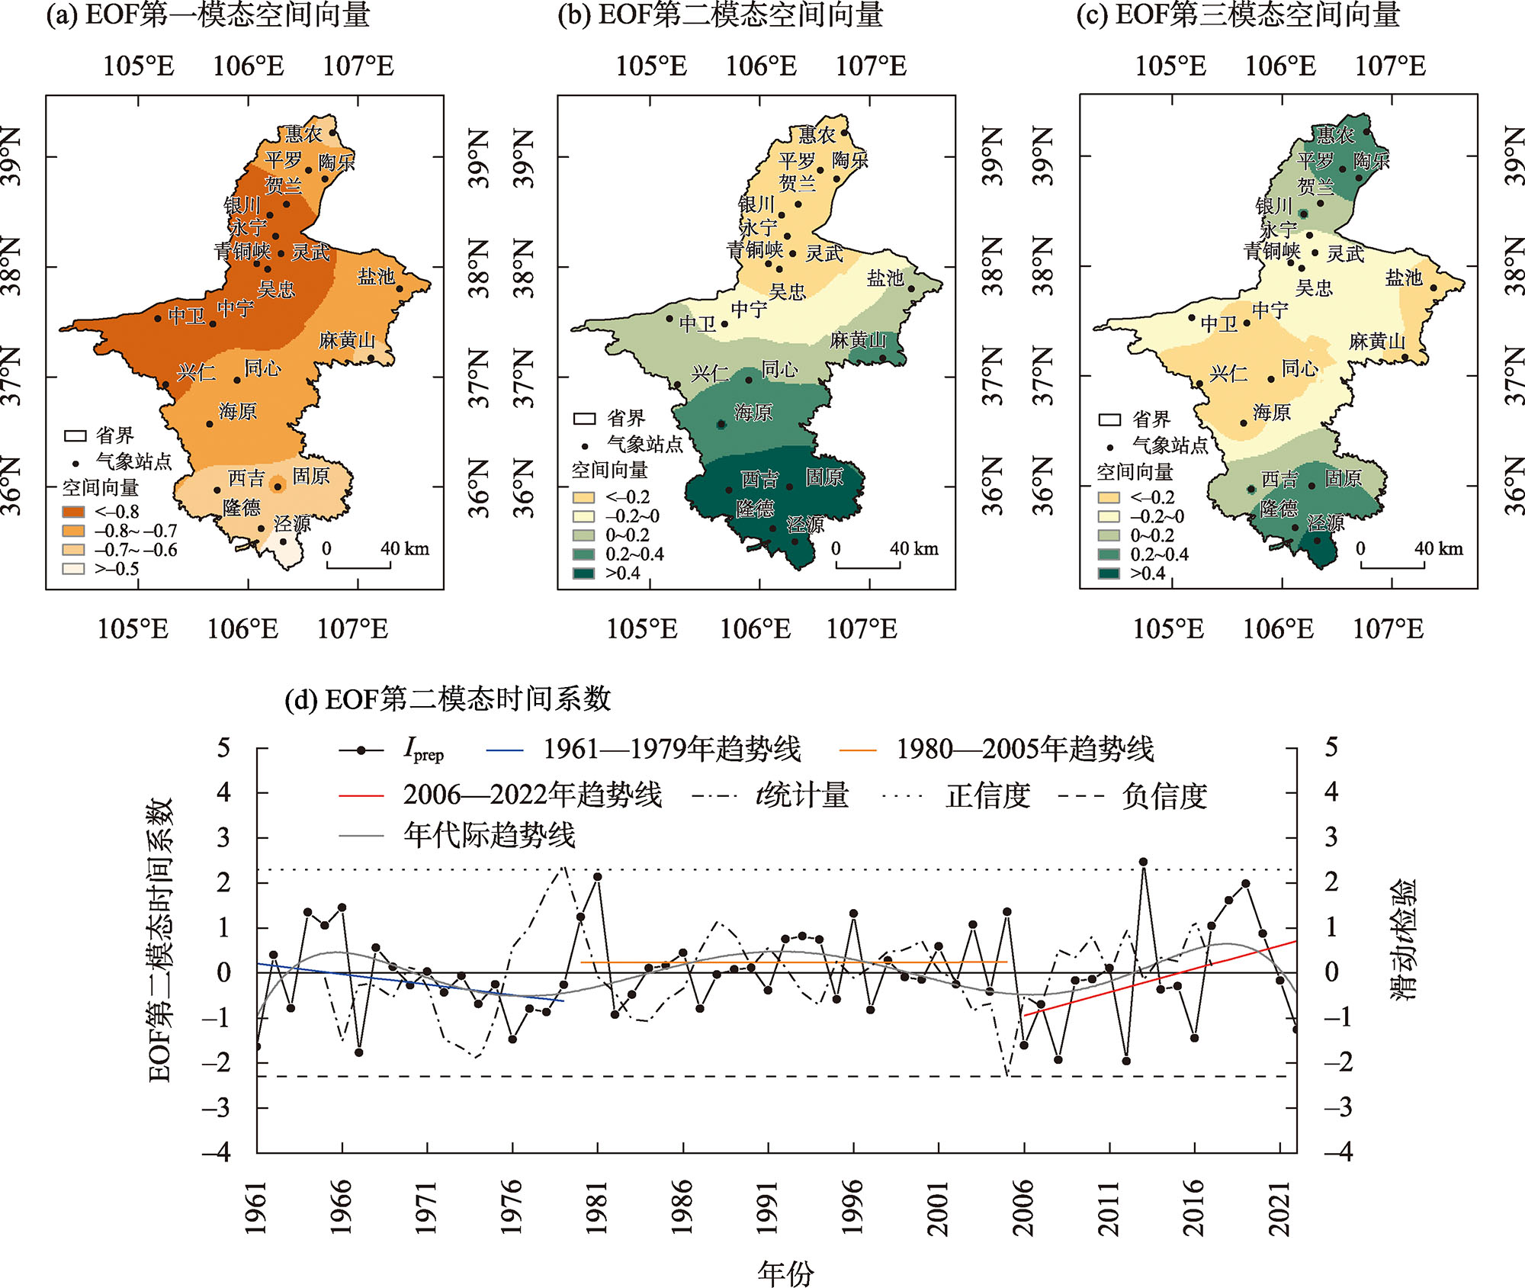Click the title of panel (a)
[208, 15]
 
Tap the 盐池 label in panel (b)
[884, 278]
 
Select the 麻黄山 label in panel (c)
[1376, 342]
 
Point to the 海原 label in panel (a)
[238, 412]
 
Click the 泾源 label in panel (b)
[805, 525]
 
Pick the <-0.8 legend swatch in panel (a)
[73, 512]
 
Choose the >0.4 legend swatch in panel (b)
[584, 573]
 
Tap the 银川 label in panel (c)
[1273, 206]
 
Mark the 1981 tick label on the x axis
[597, 1208]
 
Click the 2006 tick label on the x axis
[1023, 1208]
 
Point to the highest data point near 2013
[1143, 862]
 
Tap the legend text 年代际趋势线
[490, 836]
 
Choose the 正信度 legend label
[988, 796]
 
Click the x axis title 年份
[785, 1272]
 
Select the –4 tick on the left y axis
[217, 1151]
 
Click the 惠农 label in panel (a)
[303, 135]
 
